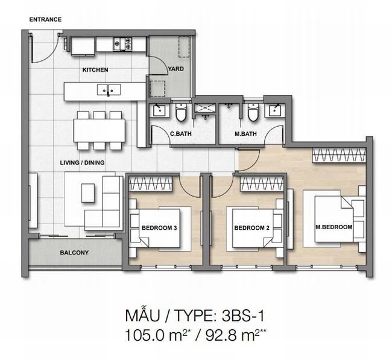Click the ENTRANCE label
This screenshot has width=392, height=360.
click(45, 19)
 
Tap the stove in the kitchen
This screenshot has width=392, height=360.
click(122, 43)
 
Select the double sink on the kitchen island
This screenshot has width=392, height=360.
click(109, 89)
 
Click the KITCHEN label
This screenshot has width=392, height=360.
click(95, 70)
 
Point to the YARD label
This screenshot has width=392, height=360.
click(176, 69)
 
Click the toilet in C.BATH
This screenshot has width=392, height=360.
click(180, 112)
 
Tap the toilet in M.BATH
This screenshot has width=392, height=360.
click(253, 112)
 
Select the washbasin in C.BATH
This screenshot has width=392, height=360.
click(159, 110)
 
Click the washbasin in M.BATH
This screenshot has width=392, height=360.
click(275, 110)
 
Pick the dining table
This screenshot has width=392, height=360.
click(100, 130)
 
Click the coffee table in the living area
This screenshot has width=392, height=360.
click(88, 193)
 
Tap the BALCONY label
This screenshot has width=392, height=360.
click(74, 253)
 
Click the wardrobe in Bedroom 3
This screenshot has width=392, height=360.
click(151, 184)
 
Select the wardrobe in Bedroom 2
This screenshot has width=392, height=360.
click(262, 184)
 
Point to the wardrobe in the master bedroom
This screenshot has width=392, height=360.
click(339, 155)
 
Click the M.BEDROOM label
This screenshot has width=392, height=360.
click(334, 227)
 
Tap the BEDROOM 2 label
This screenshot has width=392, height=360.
click(251, 228)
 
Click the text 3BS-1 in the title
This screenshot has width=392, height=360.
click(243, 316)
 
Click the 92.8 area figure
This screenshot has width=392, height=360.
click(221, 335)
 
